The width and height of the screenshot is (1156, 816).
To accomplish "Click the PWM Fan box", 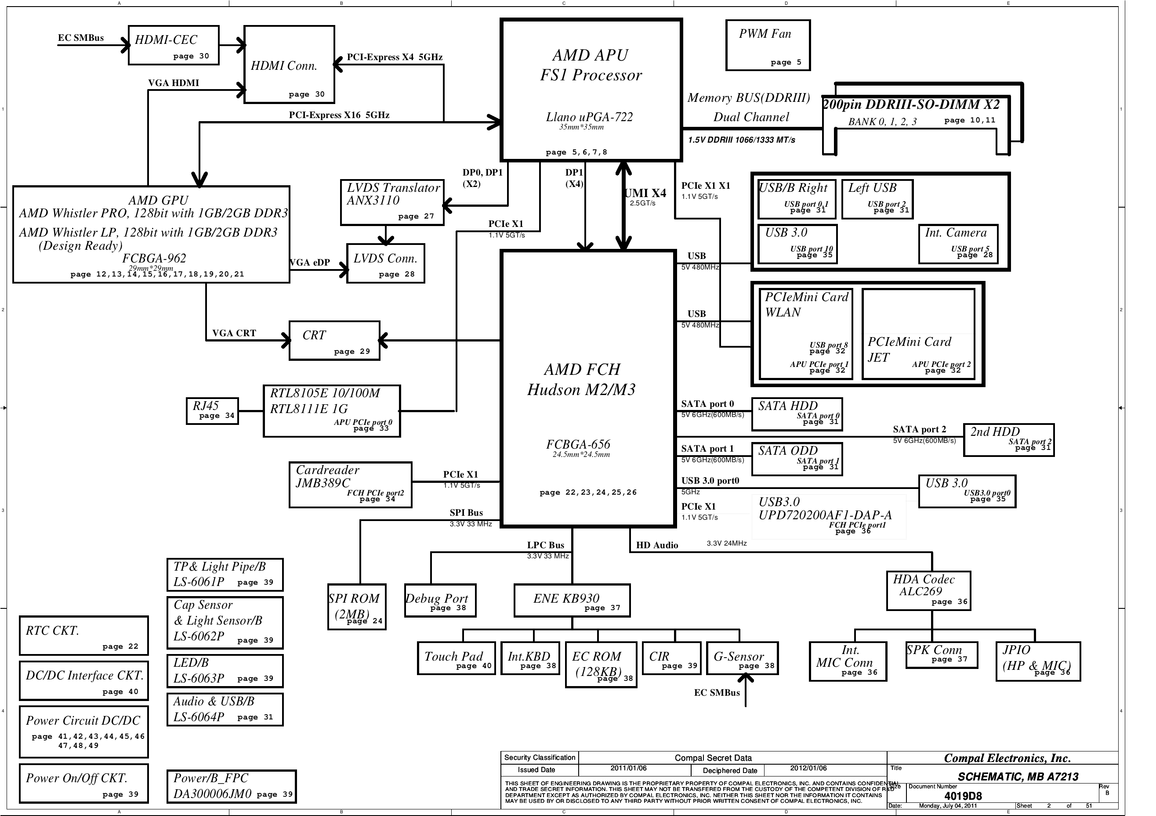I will [x=767, y=45].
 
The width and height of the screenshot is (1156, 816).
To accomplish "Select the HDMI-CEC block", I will [x=173, y=45].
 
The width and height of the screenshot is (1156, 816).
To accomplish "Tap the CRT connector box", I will [x=334, y=341].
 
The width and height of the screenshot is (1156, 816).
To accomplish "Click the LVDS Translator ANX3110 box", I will [x=392, y=202].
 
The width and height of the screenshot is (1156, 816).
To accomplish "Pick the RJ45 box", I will [x=211, y=410].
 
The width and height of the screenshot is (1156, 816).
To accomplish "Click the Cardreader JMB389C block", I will [x=350, y=485].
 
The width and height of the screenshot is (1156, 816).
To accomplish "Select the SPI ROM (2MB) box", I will [x=356, y=606].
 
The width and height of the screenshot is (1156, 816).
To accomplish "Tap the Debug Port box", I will [x=439, y=600].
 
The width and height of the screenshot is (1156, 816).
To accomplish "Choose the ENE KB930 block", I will [x=572, y=600].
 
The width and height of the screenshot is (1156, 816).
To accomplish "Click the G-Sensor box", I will [x=742, y=658].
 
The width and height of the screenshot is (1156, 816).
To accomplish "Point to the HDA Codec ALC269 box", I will [x=928, y=591].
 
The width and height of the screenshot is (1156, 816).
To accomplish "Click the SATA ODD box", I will [x=797, y=459].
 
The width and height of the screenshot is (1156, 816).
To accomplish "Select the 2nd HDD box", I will [x=1008, y=440].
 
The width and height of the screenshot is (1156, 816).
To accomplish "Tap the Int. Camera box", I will [x=958, y=244].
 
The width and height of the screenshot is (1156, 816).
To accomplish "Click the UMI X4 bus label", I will [x=645, y=194].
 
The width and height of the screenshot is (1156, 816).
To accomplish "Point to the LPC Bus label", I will [x=545, y=545].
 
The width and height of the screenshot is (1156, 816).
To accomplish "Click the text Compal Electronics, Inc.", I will [x=1007, y=758].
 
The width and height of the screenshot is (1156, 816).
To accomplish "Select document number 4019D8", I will [x=963, y=796].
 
